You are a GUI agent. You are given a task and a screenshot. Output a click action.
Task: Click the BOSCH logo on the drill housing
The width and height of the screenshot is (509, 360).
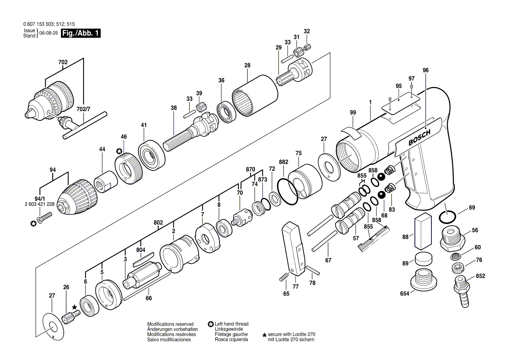click(x=419, y=137)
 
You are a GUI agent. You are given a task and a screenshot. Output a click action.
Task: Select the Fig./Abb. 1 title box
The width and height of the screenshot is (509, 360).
click(x=81, y=33)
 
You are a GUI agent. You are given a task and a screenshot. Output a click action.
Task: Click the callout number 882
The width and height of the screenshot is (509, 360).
click(x=284, y=162)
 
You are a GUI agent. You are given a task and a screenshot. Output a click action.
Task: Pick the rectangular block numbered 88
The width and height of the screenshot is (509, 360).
click(x=422, y=230)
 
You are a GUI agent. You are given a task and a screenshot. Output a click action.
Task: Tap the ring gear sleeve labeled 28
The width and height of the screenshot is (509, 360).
click(x=255, y=95)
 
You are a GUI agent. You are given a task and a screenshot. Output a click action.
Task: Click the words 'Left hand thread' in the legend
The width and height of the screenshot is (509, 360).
click(x=231, y=324)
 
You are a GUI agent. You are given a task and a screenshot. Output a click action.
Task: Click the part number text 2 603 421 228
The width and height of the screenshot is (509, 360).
click(x=40, y=204)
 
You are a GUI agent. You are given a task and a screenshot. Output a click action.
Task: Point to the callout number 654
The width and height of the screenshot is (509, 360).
click(x=404, y=294)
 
